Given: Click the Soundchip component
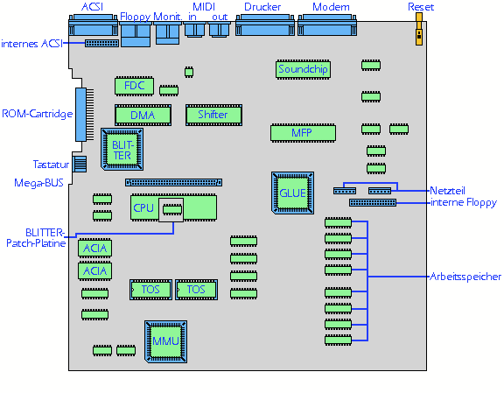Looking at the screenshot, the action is click(x=303, y=69).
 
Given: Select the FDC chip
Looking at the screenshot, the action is click(x=134, y=86).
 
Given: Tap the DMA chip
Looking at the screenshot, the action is click(x=143, y=115).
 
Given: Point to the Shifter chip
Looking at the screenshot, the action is click(x=213, y=115).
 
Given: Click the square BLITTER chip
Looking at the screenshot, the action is click(x=122, y=149).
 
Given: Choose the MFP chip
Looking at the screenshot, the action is click(x=303, y=133).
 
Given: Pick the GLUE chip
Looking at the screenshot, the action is click(x=292, y=193).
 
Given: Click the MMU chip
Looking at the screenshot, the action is click(x=166, y=341).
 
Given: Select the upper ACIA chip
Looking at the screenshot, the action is click(x=94, y=249).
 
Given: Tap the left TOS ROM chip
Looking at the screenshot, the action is click(x=150, y=290).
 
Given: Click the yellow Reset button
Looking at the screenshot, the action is click(x=419, y=29).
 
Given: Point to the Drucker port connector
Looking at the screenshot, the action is click(x=265, y=25).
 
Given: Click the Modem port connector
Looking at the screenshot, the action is click(x=327, y=25).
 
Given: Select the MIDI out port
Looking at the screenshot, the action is click(x=220, y=30).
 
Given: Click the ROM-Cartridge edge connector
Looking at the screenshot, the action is click(x=85, y=115).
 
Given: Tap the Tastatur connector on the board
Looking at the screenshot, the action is click(x=80, y=164).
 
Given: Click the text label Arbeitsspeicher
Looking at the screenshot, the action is click(x=465, y=277).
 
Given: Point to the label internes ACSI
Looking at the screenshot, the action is click(x=31, y=44).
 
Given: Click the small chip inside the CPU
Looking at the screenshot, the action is click(x=172, y=210).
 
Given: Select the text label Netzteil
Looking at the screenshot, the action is click(x=447, y=191).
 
